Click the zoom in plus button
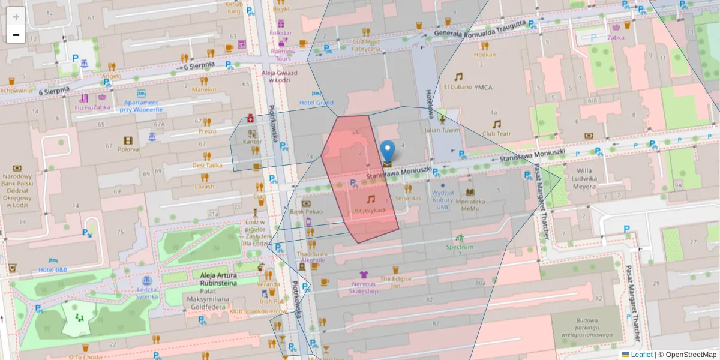coord(16,16)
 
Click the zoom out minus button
coord(16,35)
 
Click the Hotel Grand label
coord(316,103)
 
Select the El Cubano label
coord(458,87)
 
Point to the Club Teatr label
coord(496,134)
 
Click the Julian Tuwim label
coord(442,130)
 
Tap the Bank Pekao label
coord(306,212)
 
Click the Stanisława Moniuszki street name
coord(399,173)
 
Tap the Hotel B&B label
coord(53,269)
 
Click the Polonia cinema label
coord(128,149)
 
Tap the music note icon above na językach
coord(371,199)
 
